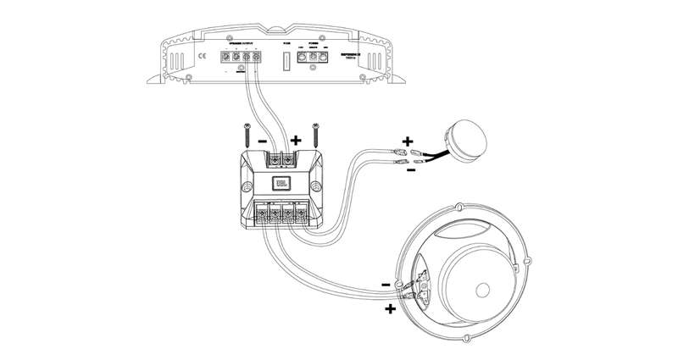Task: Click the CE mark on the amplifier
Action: pyautogui.click(x=202, y=58)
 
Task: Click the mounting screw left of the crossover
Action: pyautogui.click(x=242, y=134)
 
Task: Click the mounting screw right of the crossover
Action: pyautogui.click(x=315, y=134)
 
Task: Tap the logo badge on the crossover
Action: pyautogui.click(x=280, y=182)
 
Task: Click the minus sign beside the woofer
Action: pyautogui.click(x=386, y=285)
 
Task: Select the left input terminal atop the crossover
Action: pyautogui.click(x=270, y=158)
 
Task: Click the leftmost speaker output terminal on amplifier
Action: pyautogui.click(x=227, y=58)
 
